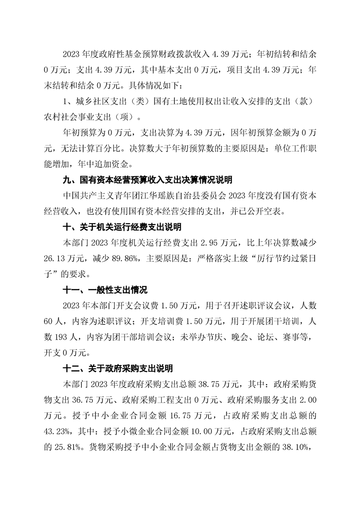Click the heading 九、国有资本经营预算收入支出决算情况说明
148,181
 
